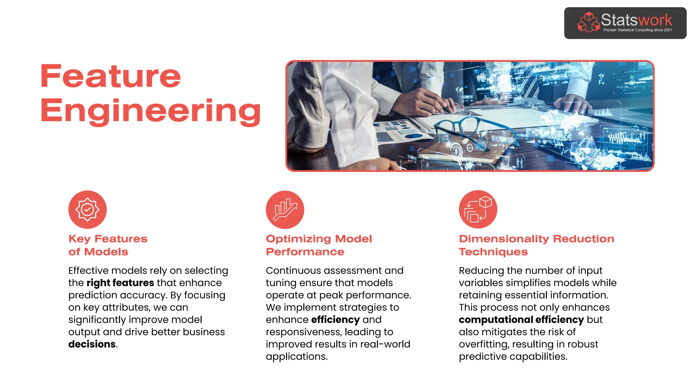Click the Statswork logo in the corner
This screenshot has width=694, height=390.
625,23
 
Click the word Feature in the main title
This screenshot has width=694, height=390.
110,77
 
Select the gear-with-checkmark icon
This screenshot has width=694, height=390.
87,210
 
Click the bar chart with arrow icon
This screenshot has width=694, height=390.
285,210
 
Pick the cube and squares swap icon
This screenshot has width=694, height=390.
478,209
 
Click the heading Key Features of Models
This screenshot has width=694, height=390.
108,245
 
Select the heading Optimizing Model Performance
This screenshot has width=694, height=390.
319,245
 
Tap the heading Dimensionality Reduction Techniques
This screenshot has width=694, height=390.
536,245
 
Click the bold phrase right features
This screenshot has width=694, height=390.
120,283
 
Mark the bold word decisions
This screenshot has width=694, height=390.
92,344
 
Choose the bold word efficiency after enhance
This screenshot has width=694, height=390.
335,320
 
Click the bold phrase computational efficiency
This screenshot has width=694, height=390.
521,320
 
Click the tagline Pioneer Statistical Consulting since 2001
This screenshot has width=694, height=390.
638,30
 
